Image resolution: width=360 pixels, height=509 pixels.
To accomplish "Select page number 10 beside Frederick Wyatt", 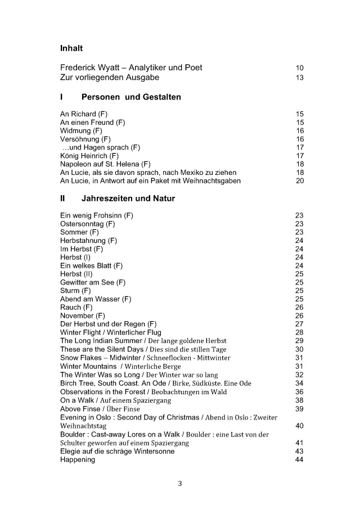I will (299, 68).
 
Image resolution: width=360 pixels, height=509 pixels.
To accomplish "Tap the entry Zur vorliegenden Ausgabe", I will (110, 77).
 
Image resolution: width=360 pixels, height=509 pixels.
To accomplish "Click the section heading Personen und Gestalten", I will (131, 97).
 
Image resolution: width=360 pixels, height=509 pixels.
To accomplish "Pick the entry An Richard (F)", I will (84, 114).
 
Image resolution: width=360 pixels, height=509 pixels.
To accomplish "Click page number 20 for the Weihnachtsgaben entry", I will (299, 181).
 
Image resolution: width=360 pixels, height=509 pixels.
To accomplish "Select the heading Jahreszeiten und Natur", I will (128, 199).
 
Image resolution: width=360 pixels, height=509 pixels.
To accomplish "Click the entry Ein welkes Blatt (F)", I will (91, 265).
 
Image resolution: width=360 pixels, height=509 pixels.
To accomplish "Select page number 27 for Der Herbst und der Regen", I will (299, 324).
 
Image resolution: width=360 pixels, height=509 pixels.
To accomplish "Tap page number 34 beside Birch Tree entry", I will (299, 383).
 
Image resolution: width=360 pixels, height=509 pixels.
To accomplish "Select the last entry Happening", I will (78, 460).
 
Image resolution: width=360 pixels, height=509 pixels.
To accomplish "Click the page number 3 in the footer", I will (180, 483).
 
